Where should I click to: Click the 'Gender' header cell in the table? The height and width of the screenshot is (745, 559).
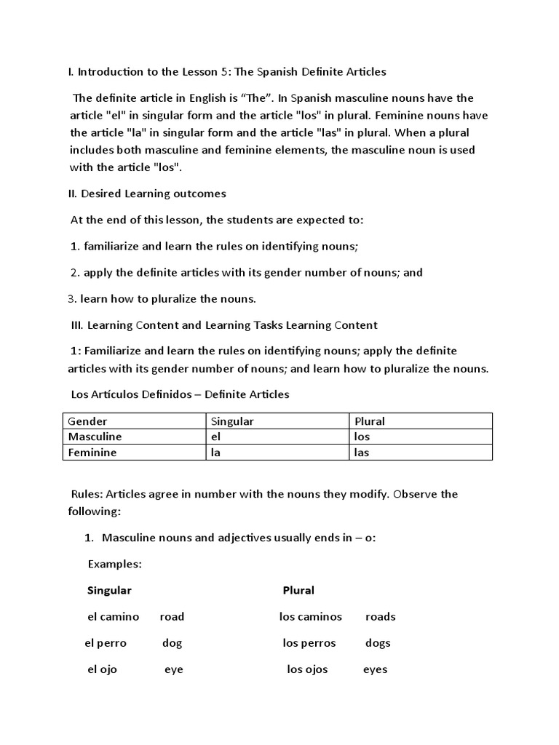(87, 421)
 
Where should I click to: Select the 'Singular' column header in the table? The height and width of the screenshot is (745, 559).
(232, 421)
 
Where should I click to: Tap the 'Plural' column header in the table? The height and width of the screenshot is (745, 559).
(369, 421)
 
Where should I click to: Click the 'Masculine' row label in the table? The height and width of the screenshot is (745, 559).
(95, 437)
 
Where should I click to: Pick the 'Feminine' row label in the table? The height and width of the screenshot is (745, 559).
(92, 453)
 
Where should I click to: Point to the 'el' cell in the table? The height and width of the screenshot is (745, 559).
(215, 437)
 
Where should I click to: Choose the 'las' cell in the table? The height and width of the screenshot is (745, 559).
(362, 453)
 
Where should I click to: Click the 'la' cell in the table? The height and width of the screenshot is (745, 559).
(215, 453)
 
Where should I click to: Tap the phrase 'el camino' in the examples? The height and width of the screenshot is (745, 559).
(113, 617)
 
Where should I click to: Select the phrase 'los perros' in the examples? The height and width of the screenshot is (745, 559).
(309, 643)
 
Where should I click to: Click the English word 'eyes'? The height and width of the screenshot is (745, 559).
(375, 669)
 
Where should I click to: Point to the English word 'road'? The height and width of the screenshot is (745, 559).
(172, 617)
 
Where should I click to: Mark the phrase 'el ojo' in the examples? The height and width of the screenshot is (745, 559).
(102, 669)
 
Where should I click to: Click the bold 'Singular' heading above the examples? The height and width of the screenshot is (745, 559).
(109, 590)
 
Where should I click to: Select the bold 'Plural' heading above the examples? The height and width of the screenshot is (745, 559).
(298, 590)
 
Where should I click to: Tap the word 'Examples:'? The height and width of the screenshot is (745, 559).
(114, 564)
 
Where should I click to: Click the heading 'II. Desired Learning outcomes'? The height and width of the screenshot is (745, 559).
(147, 194)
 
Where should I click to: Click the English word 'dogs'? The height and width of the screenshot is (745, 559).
(378, 643)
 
